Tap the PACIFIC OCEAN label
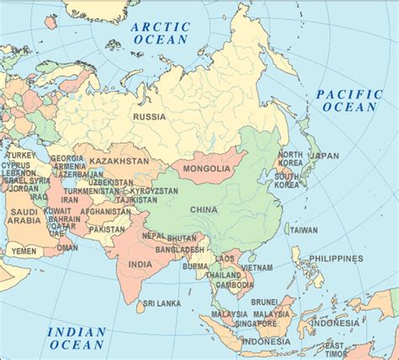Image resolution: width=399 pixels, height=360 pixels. pyautogui.click(x=348, y=100)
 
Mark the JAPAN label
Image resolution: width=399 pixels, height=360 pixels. pyautogui.click(x=325, y=156)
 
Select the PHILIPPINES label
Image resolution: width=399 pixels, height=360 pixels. pyautogui.click(x=335, y=258)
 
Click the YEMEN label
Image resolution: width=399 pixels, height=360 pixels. pyautogui.click(x=23, y=251)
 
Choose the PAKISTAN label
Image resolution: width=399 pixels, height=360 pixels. pyautogui.click(x=108, y=228)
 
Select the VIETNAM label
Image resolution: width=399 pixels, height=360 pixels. pyautogui.click(x=256, y=267)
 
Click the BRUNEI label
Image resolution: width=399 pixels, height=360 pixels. pyautogui.click(x=264, y=300)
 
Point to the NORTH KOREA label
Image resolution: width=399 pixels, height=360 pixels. pyautogui.click(x=290, y=160)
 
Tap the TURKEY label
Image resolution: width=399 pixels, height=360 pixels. pyautogui.click(x=21, y=156)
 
